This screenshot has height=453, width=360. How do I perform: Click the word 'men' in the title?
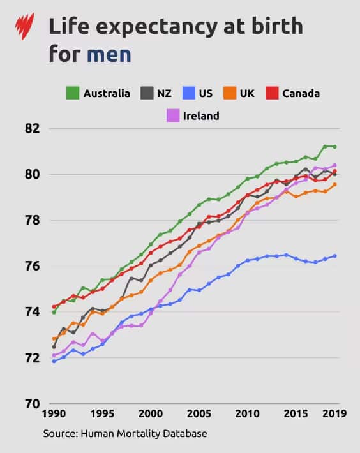click(x=109, y=54)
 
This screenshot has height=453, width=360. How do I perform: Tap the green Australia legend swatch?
click(x=73, y=93)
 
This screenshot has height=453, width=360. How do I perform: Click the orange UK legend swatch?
click(x=229, y=93)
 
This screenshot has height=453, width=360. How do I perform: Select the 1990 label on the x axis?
click(x=54, y=413)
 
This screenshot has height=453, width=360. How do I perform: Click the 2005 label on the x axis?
click(x=199, y=413)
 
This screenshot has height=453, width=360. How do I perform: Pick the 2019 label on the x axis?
click(x=334, y=413)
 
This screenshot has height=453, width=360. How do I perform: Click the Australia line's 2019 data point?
click(x=334, y=147)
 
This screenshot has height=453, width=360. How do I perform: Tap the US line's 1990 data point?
click(x=54, y=361)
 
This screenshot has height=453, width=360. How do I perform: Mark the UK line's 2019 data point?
click(x=334, y=184)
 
